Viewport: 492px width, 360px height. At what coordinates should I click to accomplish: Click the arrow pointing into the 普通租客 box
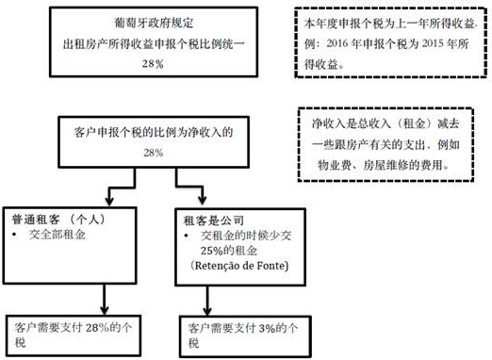point(110,196)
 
